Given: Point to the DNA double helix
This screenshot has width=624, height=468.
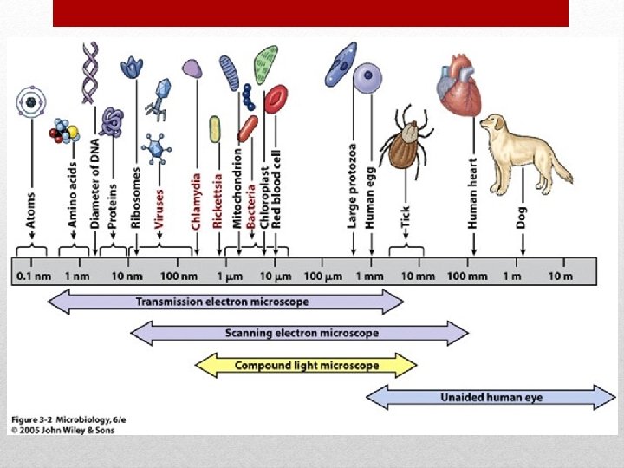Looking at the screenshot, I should (90, 73).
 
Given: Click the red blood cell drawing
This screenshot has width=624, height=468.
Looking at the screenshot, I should (276, 101).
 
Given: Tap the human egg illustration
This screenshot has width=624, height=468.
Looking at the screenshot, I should (368, 76).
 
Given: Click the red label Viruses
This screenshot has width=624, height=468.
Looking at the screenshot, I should (159, 209).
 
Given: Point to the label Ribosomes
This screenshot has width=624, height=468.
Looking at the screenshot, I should (136, 198).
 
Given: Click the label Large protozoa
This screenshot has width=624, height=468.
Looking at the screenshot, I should (353, 186).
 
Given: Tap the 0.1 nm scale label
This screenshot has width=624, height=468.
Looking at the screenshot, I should (36, 276).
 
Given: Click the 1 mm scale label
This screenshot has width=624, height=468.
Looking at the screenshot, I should (370, 276).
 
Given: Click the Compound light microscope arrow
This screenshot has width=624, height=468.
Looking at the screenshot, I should (307, 365).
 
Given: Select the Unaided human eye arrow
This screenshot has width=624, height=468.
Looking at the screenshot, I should (491, 398).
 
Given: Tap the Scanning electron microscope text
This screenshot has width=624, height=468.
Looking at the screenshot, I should (302, 333).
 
